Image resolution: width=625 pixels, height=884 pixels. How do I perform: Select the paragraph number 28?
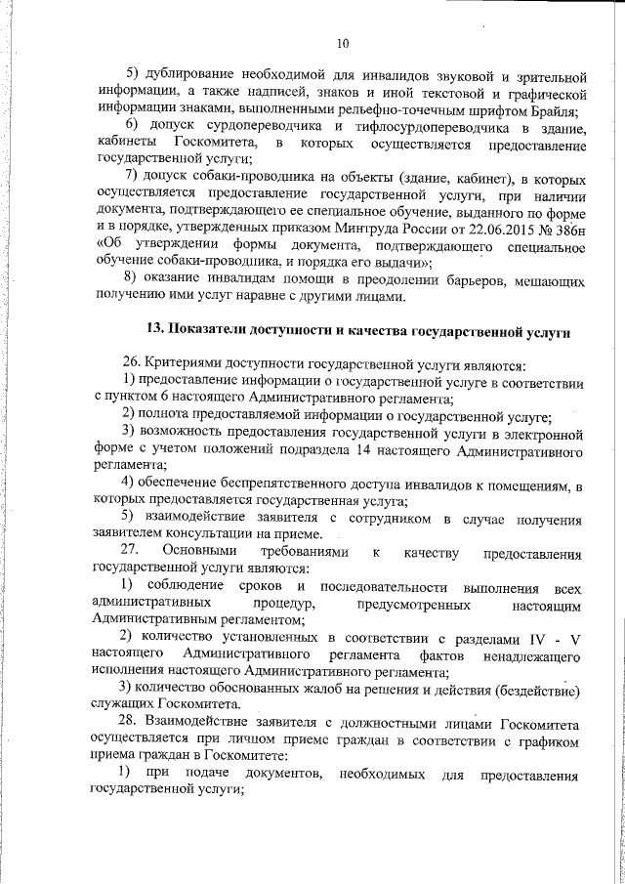[131, 722]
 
